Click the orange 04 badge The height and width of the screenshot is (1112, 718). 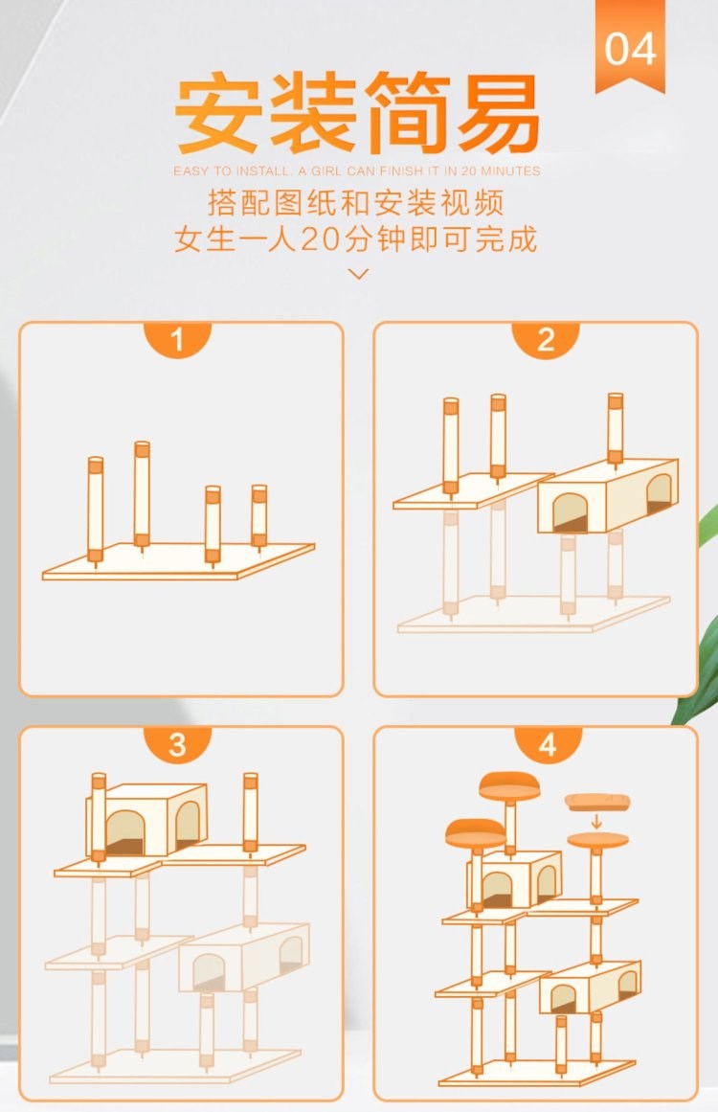pyautogui.click(x=630, y=45)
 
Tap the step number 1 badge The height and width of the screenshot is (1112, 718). pyautogui.click(x=177, y=339)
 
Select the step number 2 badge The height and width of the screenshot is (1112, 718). pyautogui.click(x=545, y=339)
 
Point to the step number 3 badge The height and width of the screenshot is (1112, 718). pyautogui.click(x=177, y=744)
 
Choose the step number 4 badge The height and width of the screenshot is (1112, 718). pyautogui.click(x=548, y=744)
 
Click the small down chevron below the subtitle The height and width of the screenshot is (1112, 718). pyautogui.click(x=359, y=274)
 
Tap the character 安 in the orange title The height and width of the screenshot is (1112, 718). pyautogui.click(x=216, y=115)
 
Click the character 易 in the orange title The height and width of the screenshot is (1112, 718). pyautogui.click(x=498, y=115)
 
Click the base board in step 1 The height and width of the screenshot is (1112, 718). pyautogui.click(x=178, y=561)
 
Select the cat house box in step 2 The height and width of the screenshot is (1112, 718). pyautogui.click(x=608, y=496)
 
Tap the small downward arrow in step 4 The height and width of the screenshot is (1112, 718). pyautogui.click(x=596, y=821)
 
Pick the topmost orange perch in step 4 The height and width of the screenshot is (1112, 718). pyautogui.click(x=509, y=785)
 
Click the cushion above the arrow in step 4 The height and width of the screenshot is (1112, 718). pyautogui.click(x=597, y=802)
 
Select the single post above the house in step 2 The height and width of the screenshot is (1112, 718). pyautogui.click(x=616, y=430)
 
